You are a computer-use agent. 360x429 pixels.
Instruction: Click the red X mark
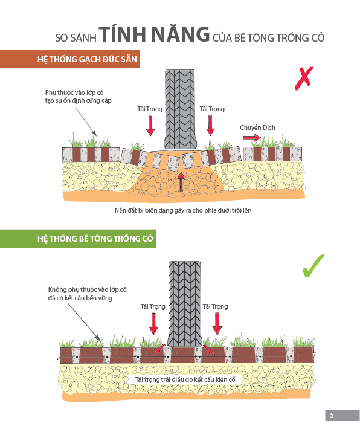click(x=304, y=79)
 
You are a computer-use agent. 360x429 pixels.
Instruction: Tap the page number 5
click(x=332, y=415)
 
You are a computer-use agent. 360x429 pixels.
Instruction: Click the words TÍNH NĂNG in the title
click(x=154, y=34)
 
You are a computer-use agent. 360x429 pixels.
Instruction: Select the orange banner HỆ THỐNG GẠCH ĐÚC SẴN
click(x=70, y=59)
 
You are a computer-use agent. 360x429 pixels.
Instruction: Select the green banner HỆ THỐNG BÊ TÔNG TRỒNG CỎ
click(x=78, y=239)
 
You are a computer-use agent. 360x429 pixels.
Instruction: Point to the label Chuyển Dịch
click(x=257, y=127)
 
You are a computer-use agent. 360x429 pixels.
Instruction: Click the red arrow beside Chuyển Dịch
click(x=252, y=137)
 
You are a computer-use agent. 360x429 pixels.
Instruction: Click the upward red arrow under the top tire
click(x=181, y=182)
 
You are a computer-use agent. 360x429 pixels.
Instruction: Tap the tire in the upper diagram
click(x=180, y=109)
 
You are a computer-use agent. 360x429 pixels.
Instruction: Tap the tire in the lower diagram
click(x=185, y=304)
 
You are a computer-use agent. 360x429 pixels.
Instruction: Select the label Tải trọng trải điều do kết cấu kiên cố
click(x=185, y=379)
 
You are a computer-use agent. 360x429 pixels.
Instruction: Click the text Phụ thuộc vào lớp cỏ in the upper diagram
click(x=74, y=92)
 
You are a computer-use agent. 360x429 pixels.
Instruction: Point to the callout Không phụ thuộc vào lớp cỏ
click(x=87, y=289)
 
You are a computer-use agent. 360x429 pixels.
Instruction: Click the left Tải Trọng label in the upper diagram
click(x=150, y=109)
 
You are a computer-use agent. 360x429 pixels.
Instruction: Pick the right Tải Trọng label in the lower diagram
click(x=215, y=306)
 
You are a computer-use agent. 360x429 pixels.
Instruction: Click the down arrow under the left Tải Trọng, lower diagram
click(x=153, y=324)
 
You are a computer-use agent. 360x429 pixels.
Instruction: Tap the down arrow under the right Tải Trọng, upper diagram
click(x=210, y=126)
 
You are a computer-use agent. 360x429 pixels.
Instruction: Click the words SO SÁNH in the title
click(x=76, y=37)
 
